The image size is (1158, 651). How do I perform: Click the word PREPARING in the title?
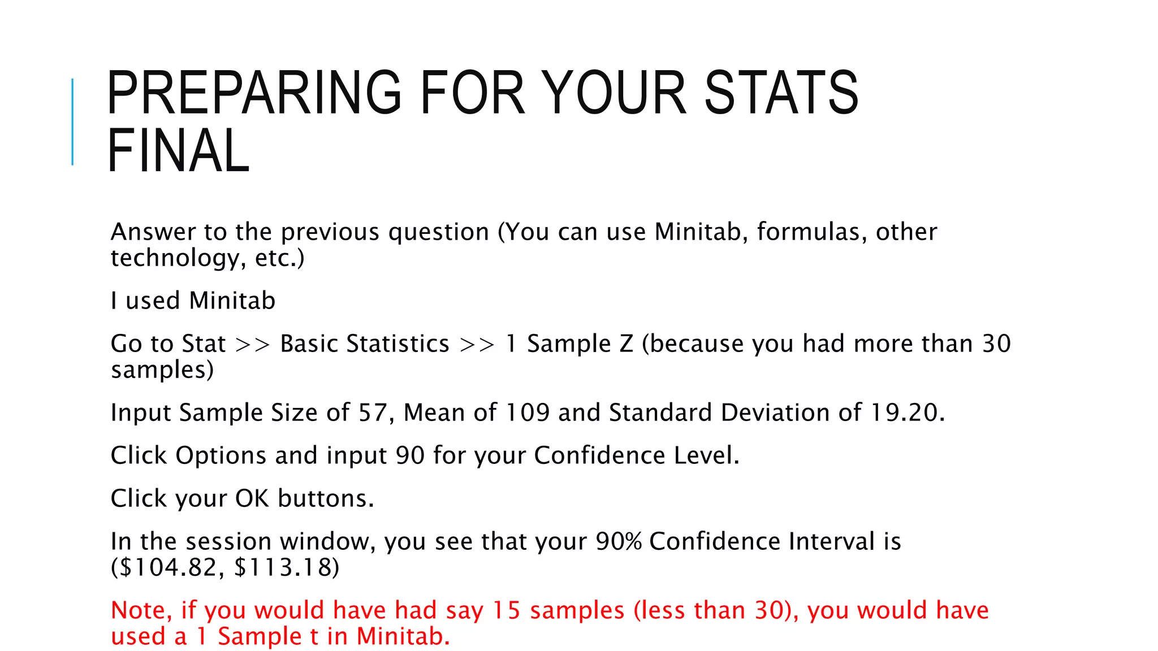(x=254, y=93)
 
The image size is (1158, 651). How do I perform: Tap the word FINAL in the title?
(x=178, y=151)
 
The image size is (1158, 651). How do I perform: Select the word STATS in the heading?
(x=781, y=93)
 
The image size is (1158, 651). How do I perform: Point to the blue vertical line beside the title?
(x=72, y=122)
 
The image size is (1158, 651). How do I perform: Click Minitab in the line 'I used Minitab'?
(x=232, y=301)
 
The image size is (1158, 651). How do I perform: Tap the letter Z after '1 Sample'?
(x=626, y=344)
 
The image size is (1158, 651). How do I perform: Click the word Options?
(x=221, y=455)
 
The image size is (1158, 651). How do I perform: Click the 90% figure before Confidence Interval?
(x=619, y=541)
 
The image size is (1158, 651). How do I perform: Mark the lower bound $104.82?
(x=168, y=567)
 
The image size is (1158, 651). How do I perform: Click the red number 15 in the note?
(x=506, y=610)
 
